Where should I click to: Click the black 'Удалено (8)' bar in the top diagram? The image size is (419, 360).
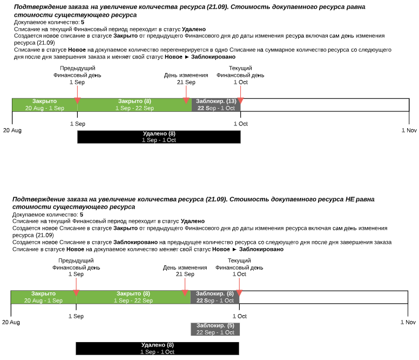[x=159, y=137]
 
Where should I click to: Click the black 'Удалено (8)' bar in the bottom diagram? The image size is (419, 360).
[x=157, y=348]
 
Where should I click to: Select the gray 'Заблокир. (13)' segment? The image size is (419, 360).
[x=216, y=105]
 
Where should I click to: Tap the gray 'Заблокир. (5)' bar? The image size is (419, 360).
[x=215, y=329]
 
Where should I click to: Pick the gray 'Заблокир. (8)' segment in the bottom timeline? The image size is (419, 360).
[x=215, y=297]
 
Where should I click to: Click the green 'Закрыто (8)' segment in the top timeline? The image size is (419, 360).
[x=134, y=105]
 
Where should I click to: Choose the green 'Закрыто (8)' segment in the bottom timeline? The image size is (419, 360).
[x=133, y=297]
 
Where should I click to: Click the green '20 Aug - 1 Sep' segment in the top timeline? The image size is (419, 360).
[x=44, y=105]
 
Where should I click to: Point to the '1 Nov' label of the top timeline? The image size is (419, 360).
[x=409, y=130]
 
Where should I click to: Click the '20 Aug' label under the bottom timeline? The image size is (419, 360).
[x=11, y=322]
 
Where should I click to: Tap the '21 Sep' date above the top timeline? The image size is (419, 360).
[x=186, y=82]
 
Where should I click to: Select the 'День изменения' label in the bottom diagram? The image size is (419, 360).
[x=185, y=268]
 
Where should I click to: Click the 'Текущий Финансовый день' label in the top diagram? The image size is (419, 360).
[x=240, y=72]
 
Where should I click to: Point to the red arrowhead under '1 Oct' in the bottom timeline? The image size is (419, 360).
[x=239, y=292]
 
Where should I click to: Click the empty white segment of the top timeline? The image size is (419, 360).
[x=325, y=105]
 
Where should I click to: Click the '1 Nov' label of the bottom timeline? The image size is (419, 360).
[x=408, y=322]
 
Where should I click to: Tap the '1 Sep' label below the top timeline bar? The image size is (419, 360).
[x=78, y=124]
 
